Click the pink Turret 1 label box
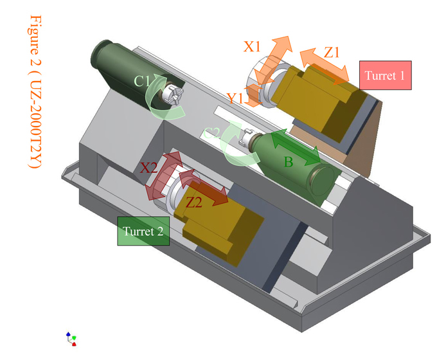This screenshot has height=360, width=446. click(x=386, y=75)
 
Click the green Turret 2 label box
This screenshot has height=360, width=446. click(x=143, y=231)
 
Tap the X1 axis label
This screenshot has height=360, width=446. click(x=252, y=46)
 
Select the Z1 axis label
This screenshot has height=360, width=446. click(x=332, y=52)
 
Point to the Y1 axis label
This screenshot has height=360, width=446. click(x=236, y=98)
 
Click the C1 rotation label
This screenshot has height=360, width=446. click(x=142, y=82)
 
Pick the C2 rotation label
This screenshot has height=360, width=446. click(x=211, y=133)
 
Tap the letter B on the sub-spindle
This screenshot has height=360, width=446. click(x=289, y=162)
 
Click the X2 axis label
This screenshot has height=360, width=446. click(x=148, y=168)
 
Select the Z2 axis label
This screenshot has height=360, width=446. click(x=194, y=203)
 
